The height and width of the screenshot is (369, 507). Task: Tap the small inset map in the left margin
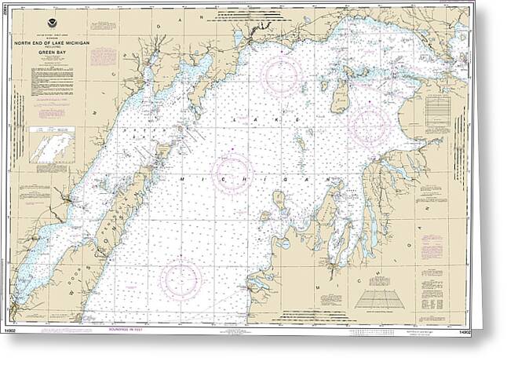pos(51,148)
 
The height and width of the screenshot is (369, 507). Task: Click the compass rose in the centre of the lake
pos(232,173)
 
